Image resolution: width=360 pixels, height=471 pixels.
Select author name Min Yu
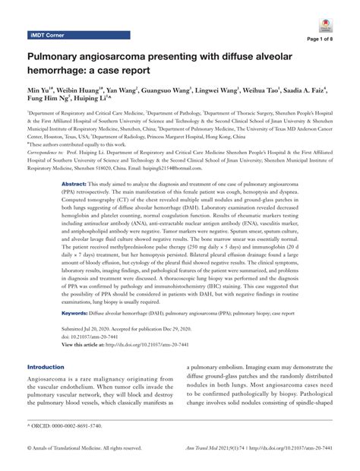click(40, 89)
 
